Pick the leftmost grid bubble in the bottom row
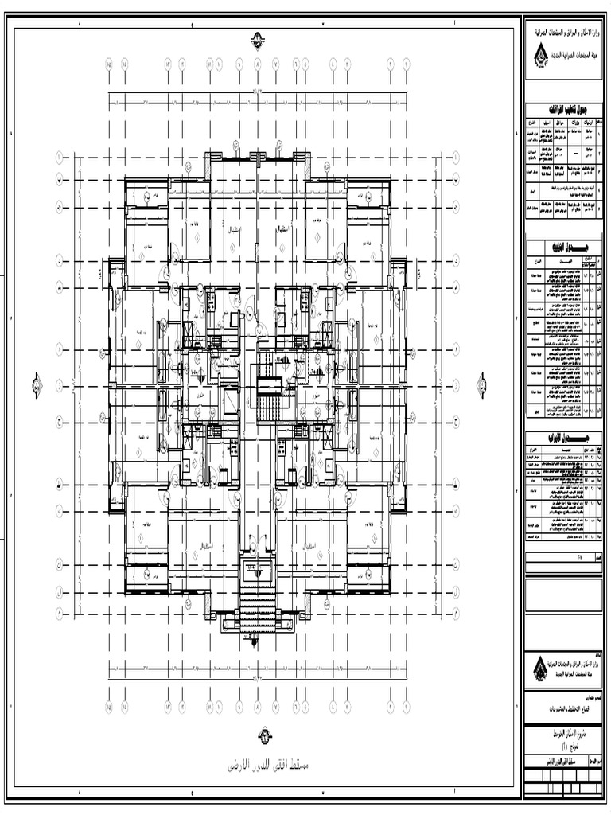click(108, 706)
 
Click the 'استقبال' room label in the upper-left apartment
click(235, 230)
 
